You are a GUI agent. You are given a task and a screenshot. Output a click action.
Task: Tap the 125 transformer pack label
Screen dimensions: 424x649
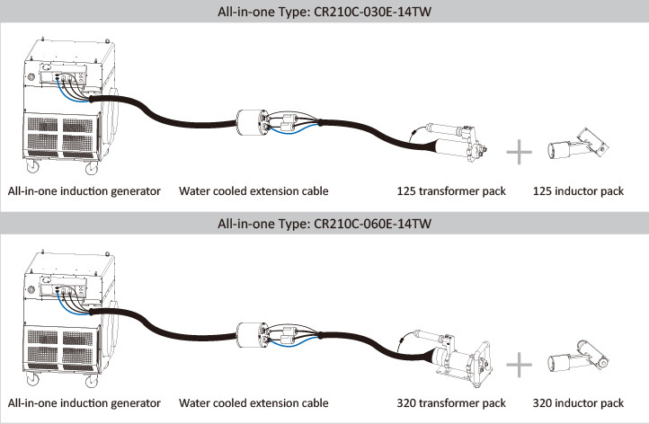(x=451, y=191)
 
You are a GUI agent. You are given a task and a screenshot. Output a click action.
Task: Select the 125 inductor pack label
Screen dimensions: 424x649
(x=578, y=191)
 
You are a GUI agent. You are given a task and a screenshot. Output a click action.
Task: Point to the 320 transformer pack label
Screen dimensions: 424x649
(x=451, y=402)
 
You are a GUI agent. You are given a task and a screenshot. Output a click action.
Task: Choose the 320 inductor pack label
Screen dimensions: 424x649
(x=578, y=402)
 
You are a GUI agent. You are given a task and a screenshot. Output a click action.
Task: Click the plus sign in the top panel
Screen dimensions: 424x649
(x=520, y=152)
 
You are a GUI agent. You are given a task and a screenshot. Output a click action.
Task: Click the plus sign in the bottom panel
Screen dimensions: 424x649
(x=520, y=364)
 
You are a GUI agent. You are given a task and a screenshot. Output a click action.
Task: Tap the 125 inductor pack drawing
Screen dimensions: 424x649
(x=575, y=144)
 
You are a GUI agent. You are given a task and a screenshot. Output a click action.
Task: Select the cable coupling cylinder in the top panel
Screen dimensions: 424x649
(x=248, y=123)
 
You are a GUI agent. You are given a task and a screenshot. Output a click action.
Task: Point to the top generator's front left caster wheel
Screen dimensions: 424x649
(x=32, y=167)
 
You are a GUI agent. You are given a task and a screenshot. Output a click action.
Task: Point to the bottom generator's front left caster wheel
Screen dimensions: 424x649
(x=32, y=379)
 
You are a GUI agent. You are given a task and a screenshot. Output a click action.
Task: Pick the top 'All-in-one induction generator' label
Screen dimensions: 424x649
(x=84, y=191)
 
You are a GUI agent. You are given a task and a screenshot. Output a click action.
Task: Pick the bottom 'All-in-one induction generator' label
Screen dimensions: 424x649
(x=84, y=402)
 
